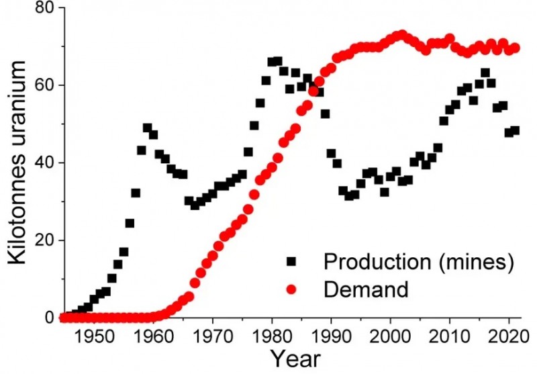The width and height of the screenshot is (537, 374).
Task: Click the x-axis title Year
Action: coord(293,358)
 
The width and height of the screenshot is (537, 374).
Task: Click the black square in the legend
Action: coord(291,262)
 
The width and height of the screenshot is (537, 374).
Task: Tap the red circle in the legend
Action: coord(291,290)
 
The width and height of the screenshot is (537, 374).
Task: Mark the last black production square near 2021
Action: coord(515,130)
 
